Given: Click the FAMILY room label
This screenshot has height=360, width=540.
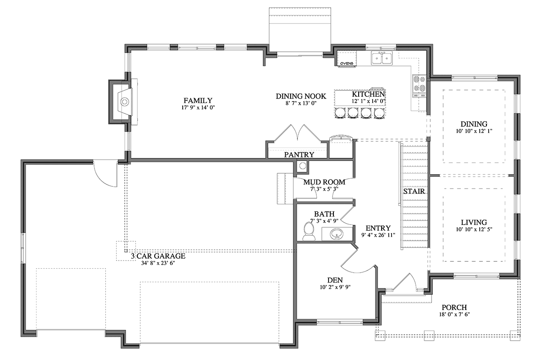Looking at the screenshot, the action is click(x=198, y=100).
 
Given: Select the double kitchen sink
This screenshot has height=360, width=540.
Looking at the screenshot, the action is click(x=382, y=58).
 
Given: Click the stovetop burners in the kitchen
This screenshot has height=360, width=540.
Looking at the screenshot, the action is click(x=419, y=85).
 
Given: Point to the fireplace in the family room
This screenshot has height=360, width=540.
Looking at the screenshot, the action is click(x=123, y=102).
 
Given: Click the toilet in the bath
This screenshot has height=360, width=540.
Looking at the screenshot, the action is click(x=309, y=231).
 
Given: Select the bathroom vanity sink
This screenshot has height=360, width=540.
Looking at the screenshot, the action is click(x=337, y=234).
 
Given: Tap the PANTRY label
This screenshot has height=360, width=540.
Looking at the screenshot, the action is click(x=299, y=154).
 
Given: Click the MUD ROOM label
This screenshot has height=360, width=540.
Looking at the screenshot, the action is click(x=324, y=182).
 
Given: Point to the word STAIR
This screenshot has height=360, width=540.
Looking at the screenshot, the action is click(x=414, y=191).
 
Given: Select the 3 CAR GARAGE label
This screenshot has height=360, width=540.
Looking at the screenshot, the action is click(x=158, y=256).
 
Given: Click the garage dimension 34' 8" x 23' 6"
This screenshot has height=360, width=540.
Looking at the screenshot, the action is click(x=158, y=263).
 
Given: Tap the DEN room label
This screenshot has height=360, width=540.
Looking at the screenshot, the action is click(x=335, y=280).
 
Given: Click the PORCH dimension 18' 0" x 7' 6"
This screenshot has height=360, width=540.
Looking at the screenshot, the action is click(x=454, y=315).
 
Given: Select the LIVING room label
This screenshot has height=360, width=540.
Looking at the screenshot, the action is click(x=474, y=222).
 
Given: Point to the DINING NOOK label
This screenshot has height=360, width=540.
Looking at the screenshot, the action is click(x=301, y=96).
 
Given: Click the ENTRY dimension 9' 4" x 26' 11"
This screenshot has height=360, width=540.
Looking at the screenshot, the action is click(x=378, y=235).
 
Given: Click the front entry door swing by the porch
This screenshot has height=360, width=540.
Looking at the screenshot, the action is click(x=404, y=281).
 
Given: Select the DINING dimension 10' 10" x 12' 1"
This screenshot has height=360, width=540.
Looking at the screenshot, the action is click(x=474, y=131).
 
